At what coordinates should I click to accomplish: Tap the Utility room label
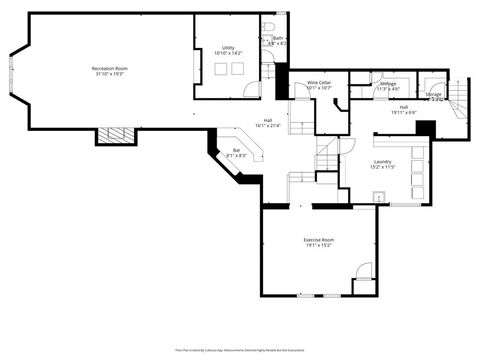point(228,48)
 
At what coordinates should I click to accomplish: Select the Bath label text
point(277,38)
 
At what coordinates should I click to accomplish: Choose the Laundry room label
point(382,161)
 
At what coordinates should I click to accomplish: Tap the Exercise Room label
point(319,240)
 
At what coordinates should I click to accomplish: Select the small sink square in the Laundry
point(379,197)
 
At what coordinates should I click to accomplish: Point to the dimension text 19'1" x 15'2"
point(319,246)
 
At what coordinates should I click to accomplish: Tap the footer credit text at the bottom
point(240,350)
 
